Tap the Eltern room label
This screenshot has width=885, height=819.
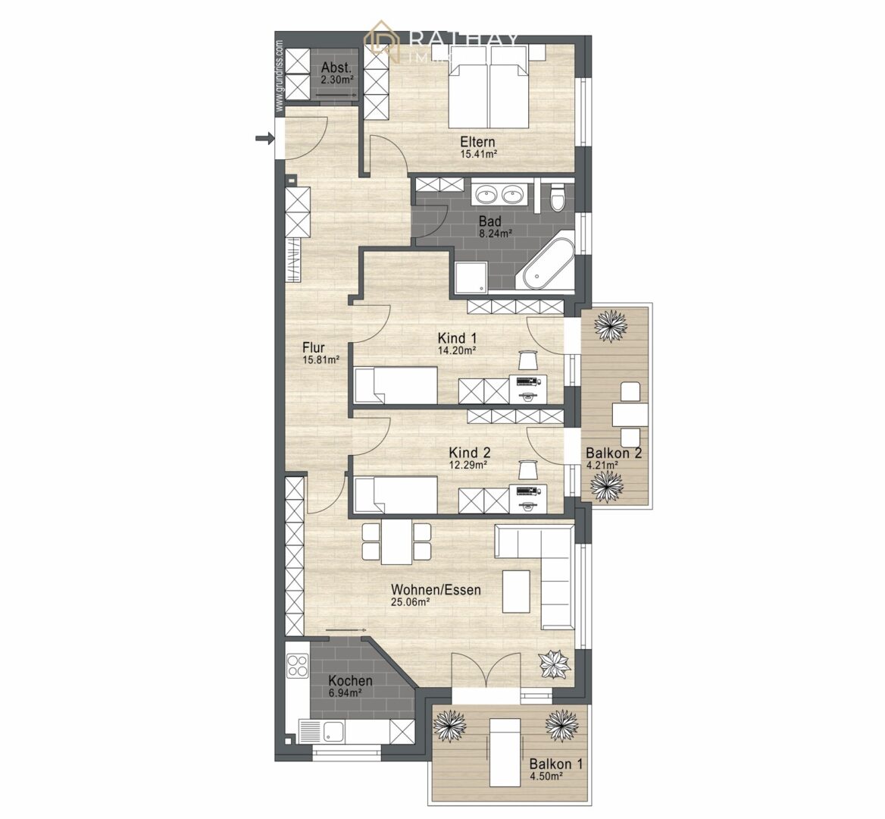tap(478, 142)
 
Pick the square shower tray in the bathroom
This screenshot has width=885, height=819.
tap(472, 277)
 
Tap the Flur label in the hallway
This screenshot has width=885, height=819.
tap(313, 348)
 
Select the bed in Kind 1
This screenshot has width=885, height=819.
tap(396, 384)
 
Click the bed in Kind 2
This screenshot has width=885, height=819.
tap(396, 494)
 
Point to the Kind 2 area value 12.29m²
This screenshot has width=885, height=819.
tap(468, 465)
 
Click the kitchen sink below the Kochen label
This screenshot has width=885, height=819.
tap(334, 732)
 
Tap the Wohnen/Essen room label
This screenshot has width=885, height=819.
tap(436, 589)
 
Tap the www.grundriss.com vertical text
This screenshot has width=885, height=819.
tap(279, 76)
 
